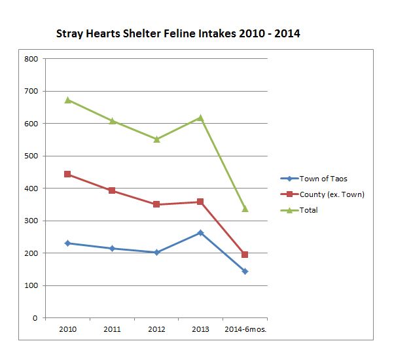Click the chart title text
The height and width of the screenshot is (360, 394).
[178, 33]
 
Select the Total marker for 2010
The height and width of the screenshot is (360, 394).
[68, 100]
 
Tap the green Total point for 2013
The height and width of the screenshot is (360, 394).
[200, 118]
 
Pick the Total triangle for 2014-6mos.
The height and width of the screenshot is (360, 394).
[245, 209]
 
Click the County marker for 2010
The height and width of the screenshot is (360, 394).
[68, 174]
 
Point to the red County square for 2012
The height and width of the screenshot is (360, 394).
[156, 204]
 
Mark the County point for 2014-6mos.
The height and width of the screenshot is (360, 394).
[245, 255]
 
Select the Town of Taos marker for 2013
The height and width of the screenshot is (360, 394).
[200, 232]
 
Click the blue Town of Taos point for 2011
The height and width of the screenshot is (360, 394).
[112, 249]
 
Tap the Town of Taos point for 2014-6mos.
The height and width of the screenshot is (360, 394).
[245, 271]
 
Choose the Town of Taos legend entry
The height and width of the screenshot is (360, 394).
[321, 179]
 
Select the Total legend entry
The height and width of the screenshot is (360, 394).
[308, 210]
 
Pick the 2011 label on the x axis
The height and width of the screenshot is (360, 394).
[112, 329]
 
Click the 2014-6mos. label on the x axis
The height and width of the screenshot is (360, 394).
[245, 329]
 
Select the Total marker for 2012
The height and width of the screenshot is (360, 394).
[156, 139]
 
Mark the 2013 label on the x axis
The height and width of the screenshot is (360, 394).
[200, 329]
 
